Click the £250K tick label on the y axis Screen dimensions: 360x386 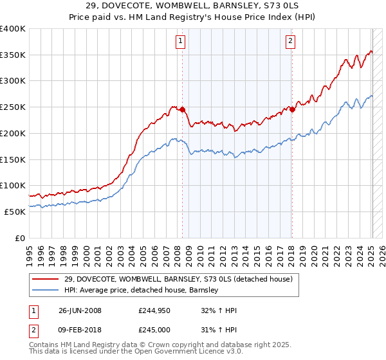13,107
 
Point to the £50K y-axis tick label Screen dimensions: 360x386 15,212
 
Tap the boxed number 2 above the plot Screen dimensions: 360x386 290,42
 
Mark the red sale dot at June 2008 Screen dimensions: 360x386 183,109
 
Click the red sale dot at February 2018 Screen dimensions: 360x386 292,109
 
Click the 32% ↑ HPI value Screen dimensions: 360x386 219,310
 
